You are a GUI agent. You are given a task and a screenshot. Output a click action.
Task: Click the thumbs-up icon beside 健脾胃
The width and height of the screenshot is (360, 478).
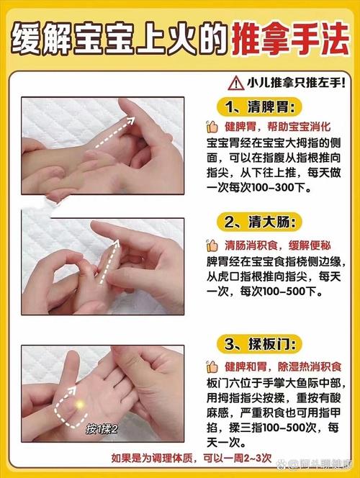pyautogui.click(x=212, y=127)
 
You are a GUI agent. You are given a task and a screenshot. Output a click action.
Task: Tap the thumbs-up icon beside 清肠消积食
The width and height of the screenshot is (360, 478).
pyautogui.click(x=212, y=244)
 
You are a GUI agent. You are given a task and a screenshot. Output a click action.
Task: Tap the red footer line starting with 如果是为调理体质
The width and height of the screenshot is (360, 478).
pyautogui.click(x=192, y=458)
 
